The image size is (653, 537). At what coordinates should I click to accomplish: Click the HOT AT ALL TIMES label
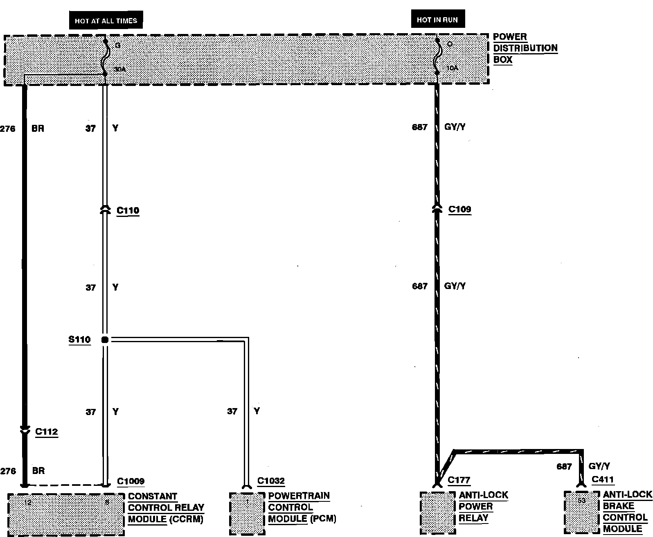coord(106,20)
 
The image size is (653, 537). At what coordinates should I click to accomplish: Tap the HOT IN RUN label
coord(437,20)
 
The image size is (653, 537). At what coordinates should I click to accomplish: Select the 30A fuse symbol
coord(105,57)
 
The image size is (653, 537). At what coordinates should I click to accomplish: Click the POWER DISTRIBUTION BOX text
coord(525,48)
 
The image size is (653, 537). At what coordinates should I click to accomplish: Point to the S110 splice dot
coord(105,339)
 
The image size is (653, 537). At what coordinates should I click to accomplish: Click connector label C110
coord(128,210)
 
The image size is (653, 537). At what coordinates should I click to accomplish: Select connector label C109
coord(459,209)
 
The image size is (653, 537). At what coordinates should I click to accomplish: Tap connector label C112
coord(46,431)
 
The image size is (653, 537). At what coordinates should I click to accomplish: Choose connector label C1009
coord(131,481)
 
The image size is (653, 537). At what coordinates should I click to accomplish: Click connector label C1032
coord(271,481)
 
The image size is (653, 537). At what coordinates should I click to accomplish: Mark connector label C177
coord(459,480)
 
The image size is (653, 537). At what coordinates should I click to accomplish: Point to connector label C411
coord(603,480)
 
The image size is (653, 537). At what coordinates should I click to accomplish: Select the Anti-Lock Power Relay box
coord(437,512)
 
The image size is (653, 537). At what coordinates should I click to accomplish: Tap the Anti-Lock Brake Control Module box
coord(581,512)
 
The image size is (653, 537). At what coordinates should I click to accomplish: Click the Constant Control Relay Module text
coord(166,508)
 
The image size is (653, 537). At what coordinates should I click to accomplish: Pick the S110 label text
coord(79,339)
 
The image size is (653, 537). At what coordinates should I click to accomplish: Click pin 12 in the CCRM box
coord(27,502)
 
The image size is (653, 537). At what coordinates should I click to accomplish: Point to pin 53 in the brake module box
coord(581,500)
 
